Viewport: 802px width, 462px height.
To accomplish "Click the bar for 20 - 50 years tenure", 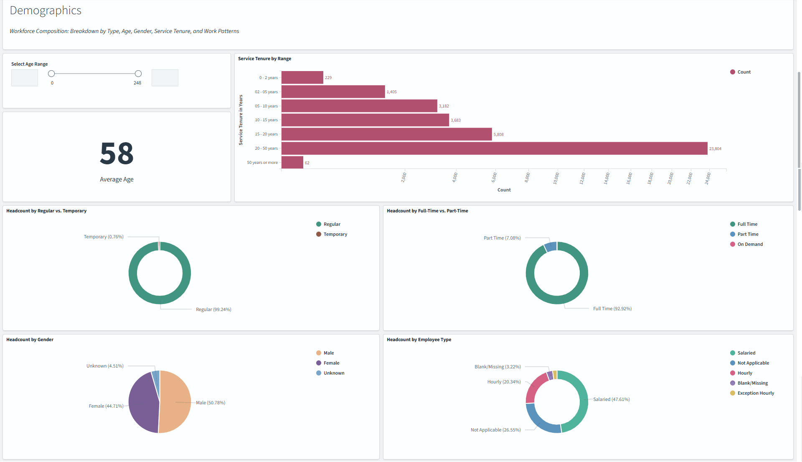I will (x=494, y=148).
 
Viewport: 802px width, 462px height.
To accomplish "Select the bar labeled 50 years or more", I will (x=292, y=163).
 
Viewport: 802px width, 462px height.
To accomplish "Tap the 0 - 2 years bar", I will (x=302, y=78).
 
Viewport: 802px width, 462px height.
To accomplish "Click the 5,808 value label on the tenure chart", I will (x=498, y=135).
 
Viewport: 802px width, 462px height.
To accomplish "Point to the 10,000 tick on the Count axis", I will (x=556, y=178).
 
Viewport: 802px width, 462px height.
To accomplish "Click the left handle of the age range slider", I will (x=51, y=74).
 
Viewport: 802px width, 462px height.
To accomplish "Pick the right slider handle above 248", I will (x=138, y=74).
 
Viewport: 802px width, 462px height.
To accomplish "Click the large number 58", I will (x=117, y=153).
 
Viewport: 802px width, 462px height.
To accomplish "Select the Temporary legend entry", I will (x=335, y=234).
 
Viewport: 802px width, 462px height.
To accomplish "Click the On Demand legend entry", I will (x=750, y=244).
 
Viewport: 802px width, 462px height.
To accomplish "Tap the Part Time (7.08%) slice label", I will (x=502, y=238).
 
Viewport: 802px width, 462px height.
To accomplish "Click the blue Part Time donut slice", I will (x=551, y=247).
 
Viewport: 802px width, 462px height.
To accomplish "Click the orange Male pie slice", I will (x=175, y=401).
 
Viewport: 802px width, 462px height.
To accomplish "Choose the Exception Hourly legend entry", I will (x=755, y=393).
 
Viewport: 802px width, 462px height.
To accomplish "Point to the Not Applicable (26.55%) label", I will (x=495, y=430).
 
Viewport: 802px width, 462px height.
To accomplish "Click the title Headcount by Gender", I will (x=30, y=339).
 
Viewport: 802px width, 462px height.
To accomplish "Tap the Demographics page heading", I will (x=46, y=10).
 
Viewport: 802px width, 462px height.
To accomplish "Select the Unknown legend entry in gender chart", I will (x=334, y=373).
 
